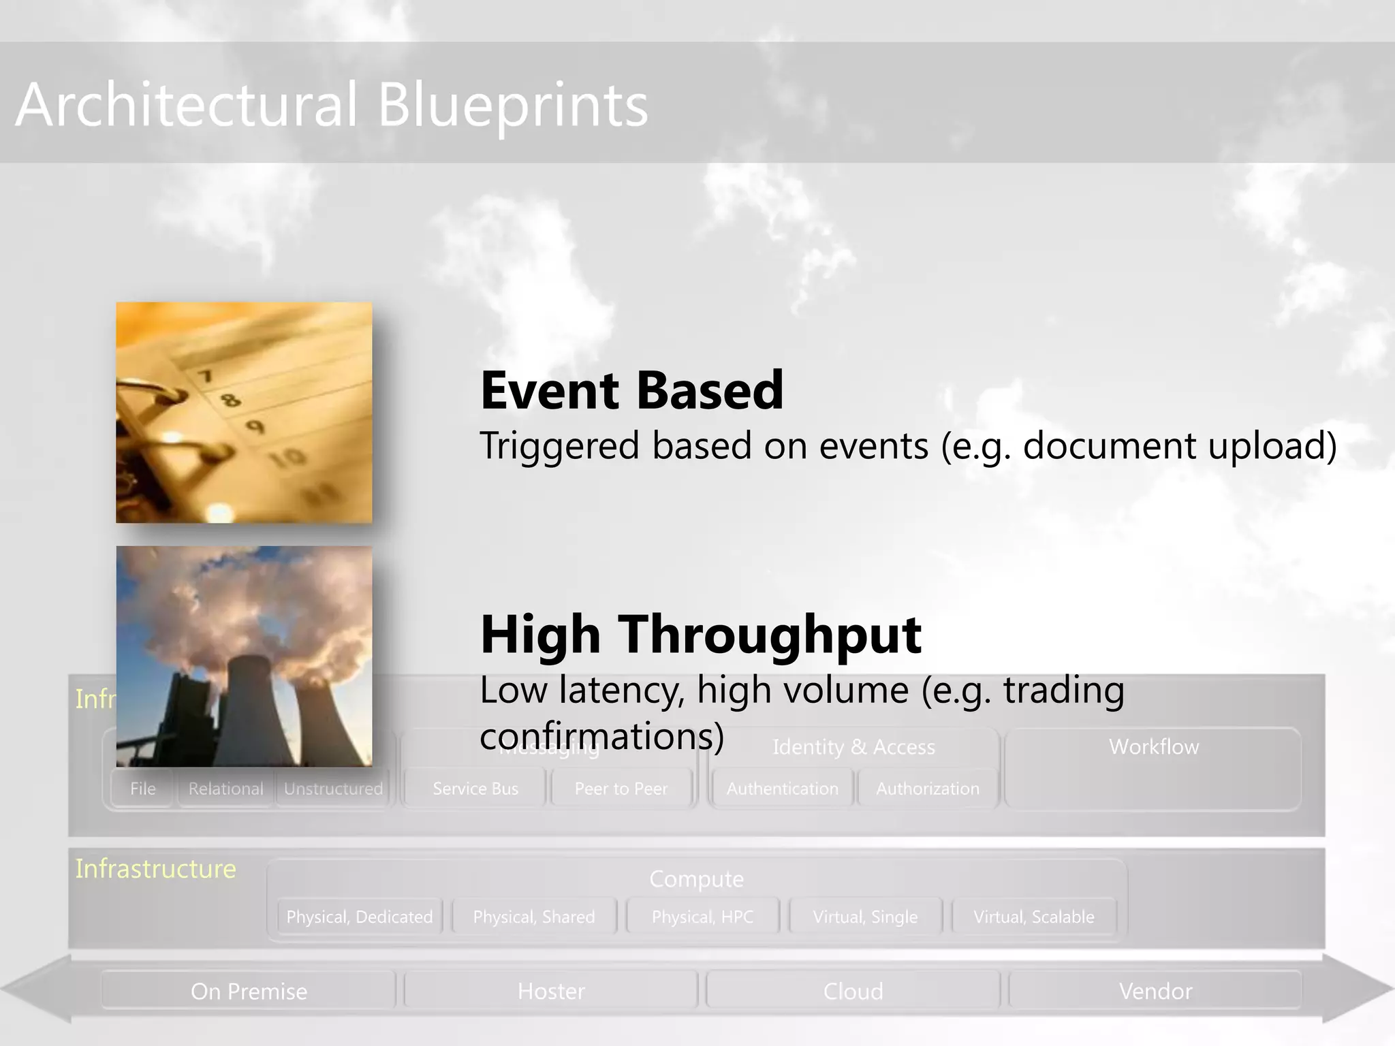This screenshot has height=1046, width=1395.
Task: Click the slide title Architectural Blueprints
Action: coord(332,104)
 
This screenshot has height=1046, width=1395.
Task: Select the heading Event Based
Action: coord(632,390)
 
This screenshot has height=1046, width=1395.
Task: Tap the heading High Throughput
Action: coord(701,634)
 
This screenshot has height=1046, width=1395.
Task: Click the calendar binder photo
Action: coord(244,413)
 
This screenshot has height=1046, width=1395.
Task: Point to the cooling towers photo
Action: coord(244,656)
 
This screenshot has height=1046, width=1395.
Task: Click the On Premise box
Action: coord(249,991)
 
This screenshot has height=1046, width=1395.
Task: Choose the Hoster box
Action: coord(551,991)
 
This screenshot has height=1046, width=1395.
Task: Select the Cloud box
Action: coord(853,991)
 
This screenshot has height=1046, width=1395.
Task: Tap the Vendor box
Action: coord(1155,991)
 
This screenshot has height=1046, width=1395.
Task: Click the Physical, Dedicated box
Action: coord(360,917)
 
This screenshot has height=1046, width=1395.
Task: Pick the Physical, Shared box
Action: coord(534,917)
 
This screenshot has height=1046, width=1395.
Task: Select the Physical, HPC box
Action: coord(702,917)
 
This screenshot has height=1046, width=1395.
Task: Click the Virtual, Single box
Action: coord(865,917)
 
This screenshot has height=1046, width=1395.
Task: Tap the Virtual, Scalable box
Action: coord(1034,917)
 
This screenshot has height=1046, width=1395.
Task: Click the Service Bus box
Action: coord(475,789)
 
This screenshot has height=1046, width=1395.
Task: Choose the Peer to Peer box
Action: coord(621,789)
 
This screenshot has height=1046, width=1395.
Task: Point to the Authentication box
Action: coord(782,789)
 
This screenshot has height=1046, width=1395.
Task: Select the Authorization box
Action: coord(928,789)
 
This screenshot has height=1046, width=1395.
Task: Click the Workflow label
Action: coord(1154,746)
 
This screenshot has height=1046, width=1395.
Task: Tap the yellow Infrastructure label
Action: coord(155,869)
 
